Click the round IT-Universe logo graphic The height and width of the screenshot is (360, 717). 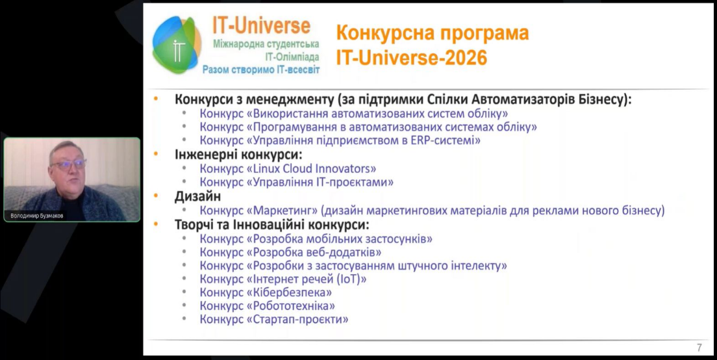[177, 44]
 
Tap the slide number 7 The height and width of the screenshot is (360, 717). [699, 348]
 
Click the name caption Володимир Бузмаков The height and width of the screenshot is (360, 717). [37, 216]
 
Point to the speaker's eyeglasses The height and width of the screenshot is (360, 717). [69, 164]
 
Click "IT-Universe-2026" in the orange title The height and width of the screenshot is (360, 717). [412, 58]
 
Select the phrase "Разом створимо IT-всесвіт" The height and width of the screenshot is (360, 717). [261, 70]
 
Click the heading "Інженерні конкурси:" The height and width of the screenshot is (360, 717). [239, 155]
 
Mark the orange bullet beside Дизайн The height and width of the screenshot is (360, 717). [156, 196]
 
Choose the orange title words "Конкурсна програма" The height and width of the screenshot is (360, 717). [433, 33]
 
